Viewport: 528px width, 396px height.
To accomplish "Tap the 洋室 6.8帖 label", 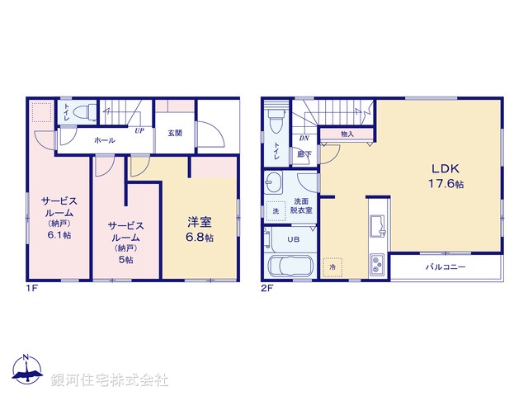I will pyautogui.click(x=200, y=229).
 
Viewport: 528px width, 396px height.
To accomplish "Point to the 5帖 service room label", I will pyautogui.click(x=125, y=241).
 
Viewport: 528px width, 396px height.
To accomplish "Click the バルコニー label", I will pyautogui.click(x=445, y=268).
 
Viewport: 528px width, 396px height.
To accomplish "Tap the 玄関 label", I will pyautogui.click(x=175, y=133).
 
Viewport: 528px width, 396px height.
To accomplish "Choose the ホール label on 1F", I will pyautogui.click(x=105, y=140).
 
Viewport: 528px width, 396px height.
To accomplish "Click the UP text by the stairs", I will pyautogui.click(x=140, y=130).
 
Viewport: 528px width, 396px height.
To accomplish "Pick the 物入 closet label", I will pyautogui.click(x=347, y=134).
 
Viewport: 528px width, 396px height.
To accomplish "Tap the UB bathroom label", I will pyautogui.click(x=293, y=239).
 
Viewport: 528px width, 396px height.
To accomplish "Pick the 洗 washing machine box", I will pyautogui.click(x=276, y=211).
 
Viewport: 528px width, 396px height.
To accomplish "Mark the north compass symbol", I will pyautogui.click(x=26, y=372).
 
